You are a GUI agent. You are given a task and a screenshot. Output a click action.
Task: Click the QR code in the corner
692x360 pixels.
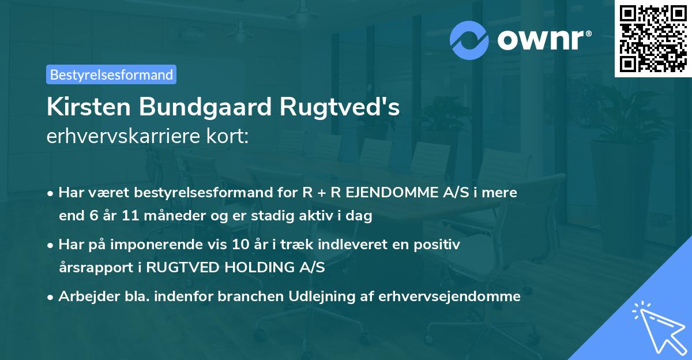coord(653,39)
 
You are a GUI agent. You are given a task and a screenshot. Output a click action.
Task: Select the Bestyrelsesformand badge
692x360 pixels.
coord(111,74)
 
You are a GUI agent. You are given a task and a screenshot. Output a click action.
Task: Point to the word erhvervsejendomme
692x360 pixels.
coord(450,297)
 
